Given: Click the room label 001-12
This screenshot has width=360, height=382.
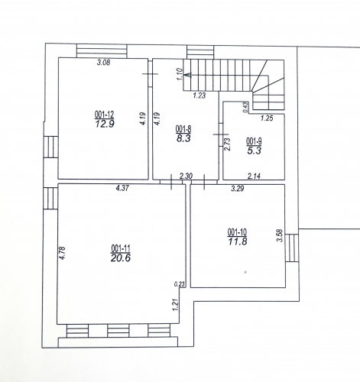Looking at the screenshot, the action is click(x=105, y=115).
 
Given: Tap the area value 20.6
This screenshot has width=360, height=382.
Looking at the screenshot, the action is click(x=121, y=258).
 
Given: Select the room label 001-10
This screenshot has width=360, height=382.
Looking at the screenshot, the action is click(x=237, y=232).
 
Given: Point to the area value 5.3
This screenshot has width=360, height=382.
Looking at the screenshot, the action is click(x=255, y=151).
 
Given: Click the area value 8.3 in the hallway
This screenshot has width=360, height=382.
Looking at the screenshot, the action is click(x=183, y=139).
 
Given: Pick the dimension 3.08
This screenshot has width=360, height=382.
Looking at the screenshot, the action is click(x=104, y=63).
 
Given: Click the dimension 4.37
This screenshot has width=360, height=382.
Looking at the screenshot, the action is click(x=122, y=188).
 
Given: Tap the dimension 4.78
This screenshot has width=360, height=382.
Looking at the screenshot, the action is click(x=62, y=253).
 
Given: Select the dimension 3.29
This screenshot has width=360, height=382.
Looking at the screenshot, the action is click(x=238, y=189).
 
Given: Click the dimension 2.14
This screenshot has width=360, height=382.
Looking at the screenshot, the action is click(x=254, y=176).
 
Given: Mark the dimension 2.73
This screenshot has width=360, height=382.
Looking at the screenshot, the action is click(x=228, y=144).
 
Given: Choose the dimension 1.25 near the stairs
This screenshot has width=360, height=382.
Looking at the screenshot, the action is click(x=267, y=118).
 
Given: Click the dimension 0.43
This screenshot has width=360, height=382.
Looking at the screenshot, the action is click(x=245, y=107).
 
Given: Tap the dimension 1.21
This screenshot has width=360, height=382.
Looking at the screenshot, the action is click(x=176, y=305).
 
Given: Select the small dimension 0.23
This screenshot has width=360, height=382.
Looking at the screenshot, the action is click(x=180, y=284).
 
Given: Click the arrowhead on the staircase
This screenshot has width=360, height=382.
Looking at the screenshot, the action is click(x=188, y=75).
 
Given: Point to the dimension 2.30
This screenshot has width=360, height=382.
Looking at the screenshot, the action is click(x=186, y=176).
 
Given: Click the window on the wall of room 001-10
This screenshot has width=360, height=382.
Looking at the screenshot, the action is click(x=292, y=248).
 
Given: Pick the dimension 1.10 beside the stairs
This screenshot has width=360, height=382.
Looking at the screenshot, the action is click(x=180, y=74).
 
